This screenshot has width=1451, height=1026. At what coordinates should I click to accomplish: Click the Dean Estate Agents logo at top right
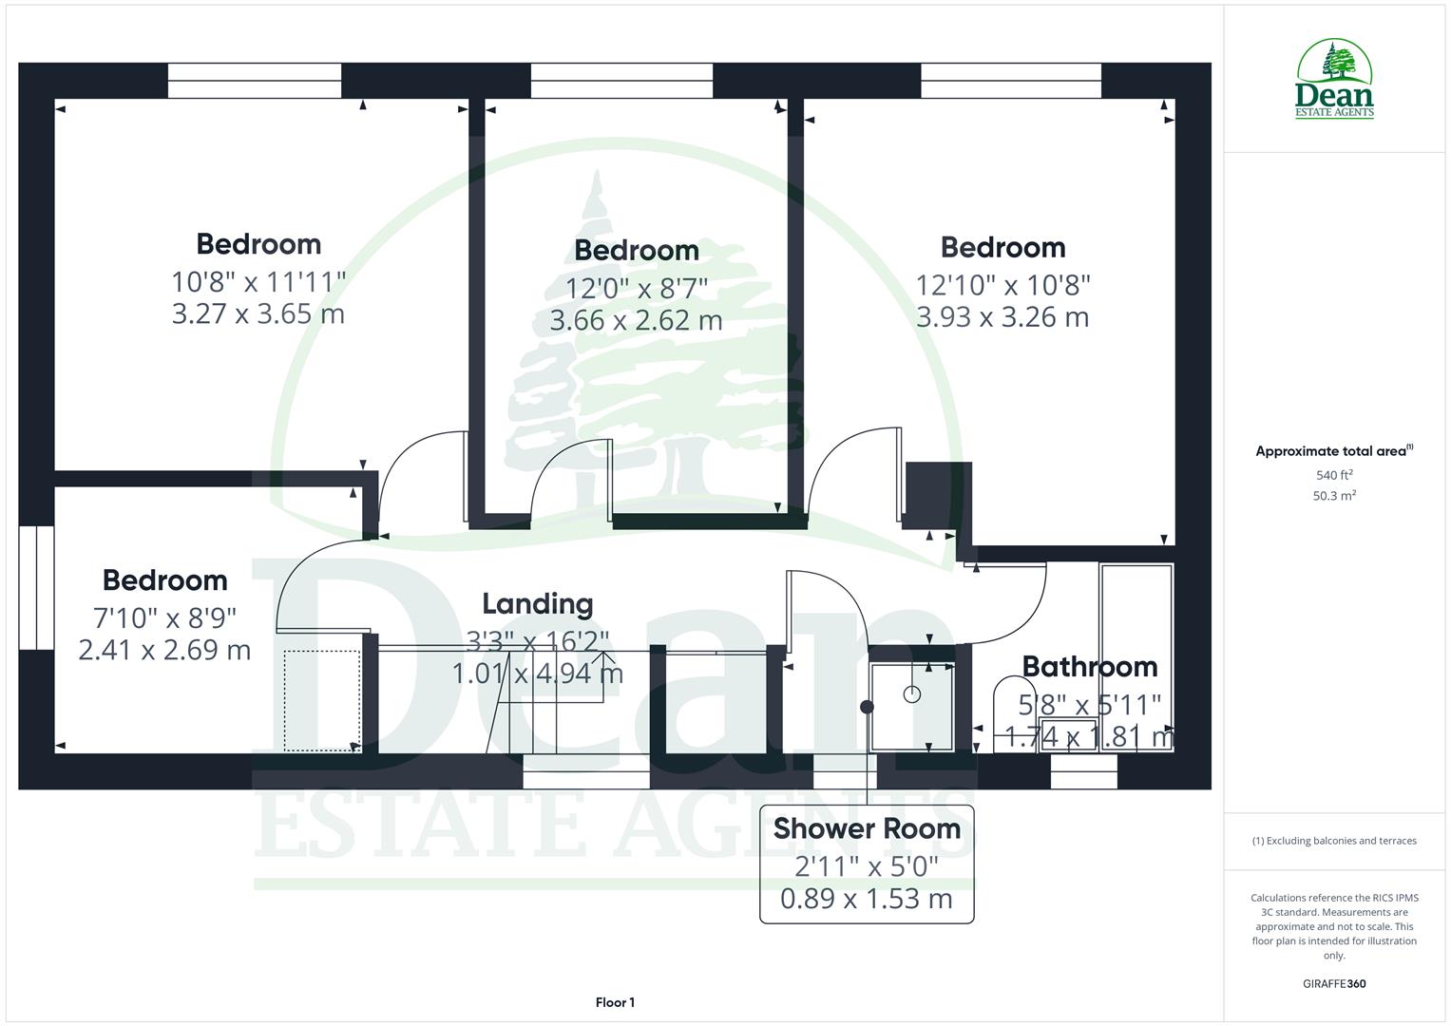pos(1334,80)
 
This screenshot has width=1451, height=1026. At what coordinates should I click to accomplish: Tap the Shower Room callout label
pos(867,828)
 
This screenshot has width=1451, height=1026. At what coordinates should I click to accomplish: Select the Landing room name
pos(537,604)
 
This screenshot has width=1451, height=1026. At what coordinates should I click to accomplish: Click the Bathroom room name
pos(1090,667)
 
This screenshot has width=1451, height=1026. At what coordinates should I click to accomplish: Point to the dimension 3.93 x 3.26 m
pos(1002,317)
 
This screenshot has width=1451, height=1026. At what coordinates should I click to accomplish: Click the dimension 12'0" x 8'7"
pos(637,288)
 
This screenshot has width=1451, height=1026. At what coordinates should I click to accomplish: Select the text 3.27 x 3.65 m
pos(258,313)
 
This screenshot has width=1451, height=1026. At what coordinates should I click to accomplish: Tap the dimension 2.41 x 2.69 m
pos(164,651)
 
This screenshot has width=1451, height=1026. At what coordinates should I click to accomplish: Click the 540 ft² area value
pos(1334,475)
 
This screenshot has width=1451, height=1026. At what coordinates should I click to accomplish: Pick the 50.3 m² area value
pos(1334,496)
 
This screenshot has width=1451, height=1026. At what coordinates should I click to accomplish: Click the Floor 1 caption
pos(615,1002)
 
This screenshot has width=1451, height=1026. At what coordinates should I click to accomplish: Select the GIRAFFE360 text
pos(1334,984)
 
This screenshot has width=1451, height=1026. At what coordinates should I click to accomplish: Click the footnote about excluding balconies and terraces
pos(1334,841)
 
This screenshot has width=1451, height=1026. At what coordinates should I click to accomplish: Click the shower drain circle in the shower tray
pos(912,694)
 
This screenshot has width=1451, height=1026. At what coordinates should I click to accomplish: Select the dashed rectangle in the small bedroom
pos(322,700)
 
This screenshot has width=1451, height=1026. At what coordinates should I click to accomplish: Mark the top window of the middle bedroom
pos(620,81)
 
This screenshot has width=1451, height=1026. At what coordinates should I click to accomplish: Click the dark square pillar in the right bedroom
pos(937,494)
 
